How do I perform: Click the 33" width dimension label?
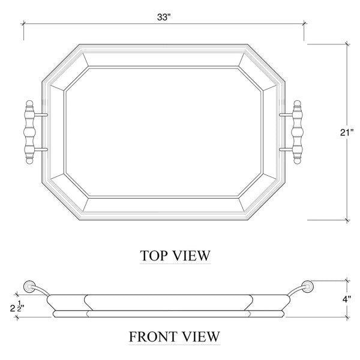tap(163, 17)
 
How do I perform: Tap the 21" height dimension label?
tap(347, 133)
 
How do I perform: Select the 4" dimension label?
tap(347, 299)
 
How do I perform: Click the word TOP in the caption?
tap(152, 256)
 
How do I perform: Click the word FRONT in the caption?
tap(153, 337)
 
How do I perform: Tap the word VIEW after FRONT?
tap(201, 337)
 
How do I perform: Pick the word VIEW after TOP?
tap(191, 256)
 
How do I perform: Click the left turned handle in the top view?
tap(29, 132)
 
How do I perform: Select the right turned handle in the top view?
tap(298, 132)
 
